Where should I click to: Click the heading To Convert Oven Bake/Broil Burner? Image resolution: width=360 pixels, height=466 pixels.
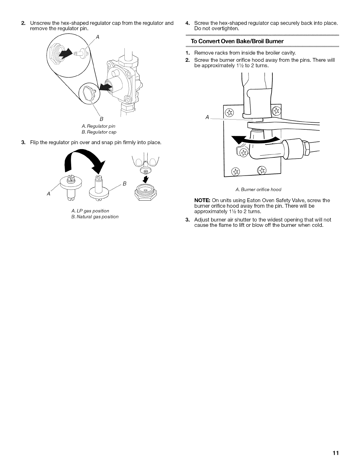point(237,41)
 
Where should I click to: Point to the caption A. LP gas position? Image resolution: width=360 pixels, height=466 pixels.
point(90,211)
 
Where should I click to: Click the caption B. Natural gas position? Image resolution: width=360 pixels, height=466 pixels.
point(95,217)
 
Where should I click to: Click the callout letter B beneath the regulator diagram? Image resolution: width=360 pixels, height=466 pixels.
point(101,119)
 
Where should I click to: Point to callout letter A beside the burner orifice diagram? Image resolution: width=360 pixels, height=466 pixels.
point(207,117)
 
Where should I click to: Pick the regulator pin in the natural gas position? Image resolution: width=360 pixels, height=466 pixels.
point(99,188)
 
